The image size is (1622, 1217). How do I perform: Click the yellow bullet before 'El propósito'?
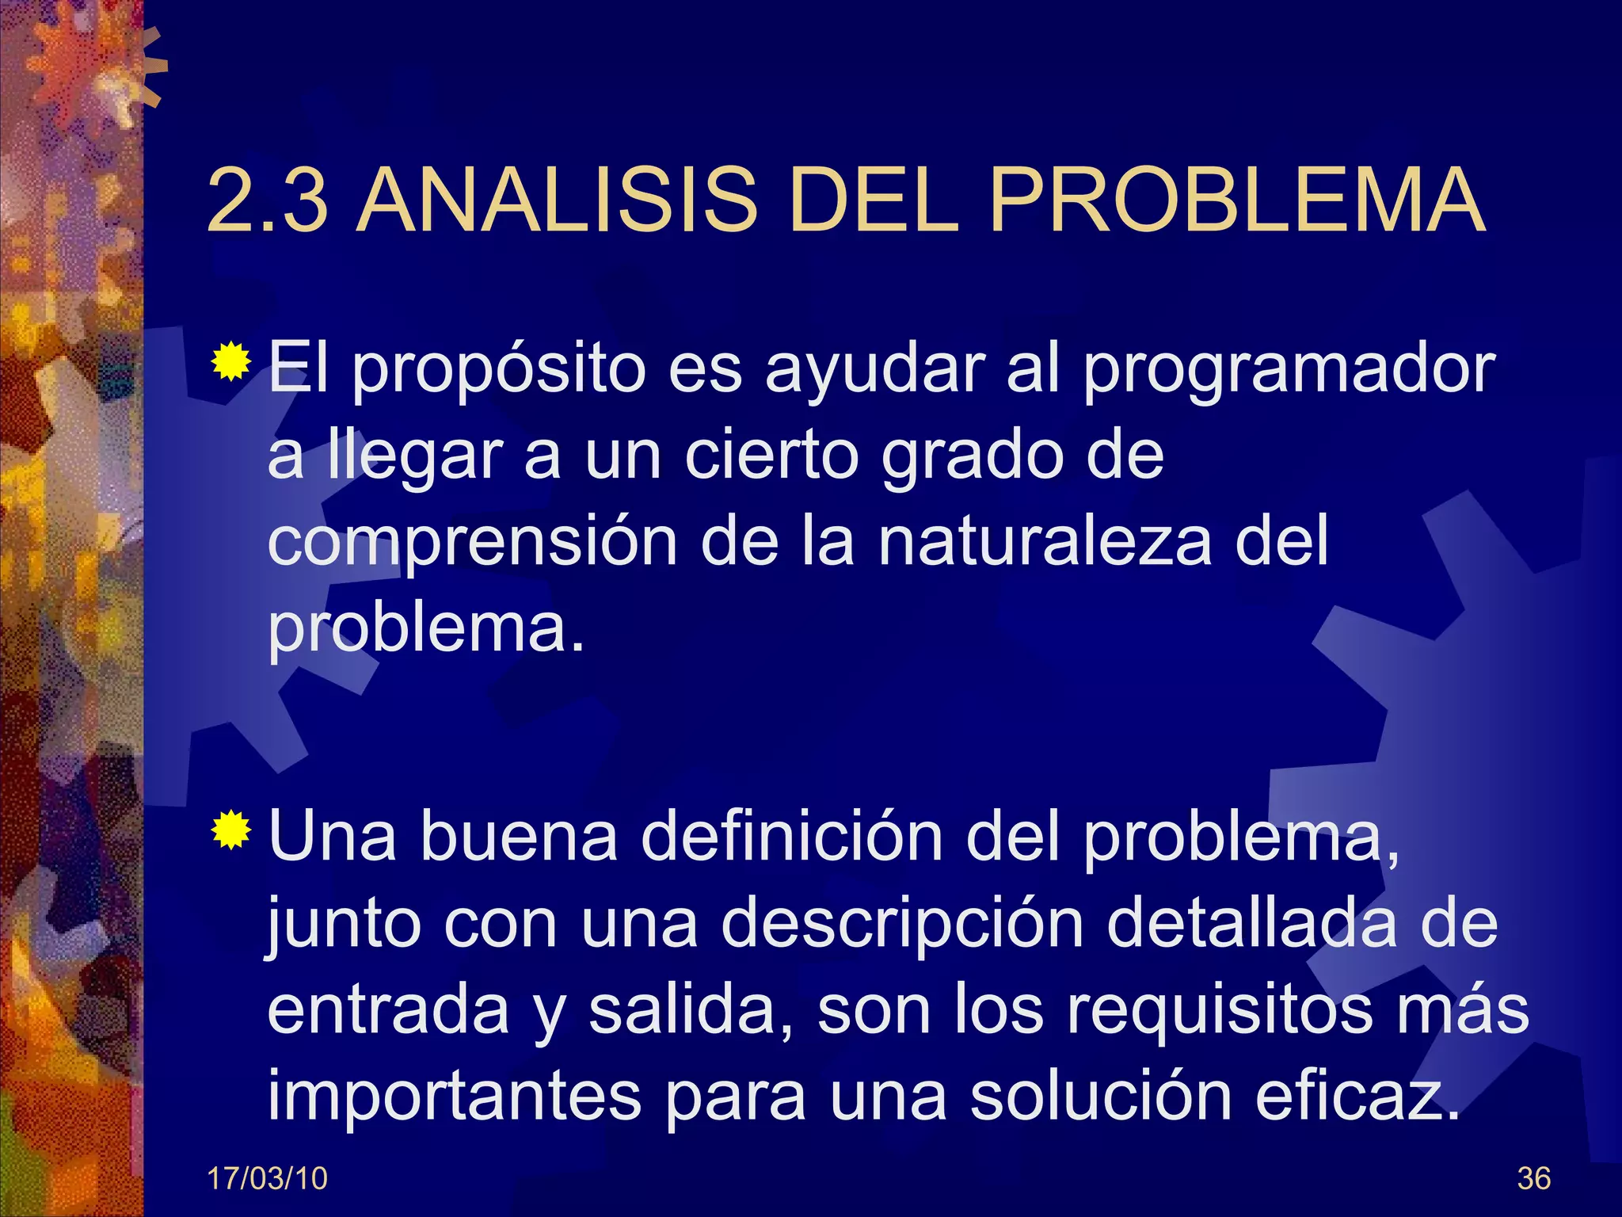point(230,362)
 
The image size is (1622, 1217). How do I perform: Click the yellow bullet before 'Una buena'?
point(230,830)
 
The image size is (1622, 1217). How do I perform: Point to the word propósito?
point(498,371)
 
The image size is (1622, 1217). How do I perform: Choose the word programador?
point(1289,371)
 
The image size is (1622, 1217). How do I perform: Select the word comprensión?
point(473,544)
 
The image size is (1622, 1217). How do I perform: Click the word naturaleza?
point(1045,542)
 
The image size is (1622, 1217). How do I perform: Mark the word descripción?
point(902,925)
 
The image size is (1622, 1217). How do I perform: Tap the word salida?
point(690,1010)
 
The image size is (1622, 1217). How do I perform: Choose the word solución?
point(1100,1097)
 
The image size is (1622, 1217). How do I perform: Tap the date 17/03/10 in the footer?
point(267,1179)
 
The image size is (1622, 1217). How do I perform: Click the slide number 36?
point(1533,1179)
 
